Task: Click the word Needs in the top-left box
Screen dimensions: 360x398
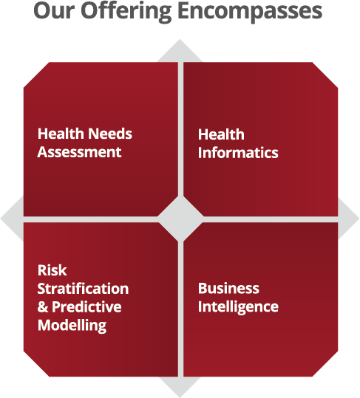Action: tap(110, 134)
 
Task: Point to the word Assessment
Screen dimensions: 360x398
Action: tap(79, 152)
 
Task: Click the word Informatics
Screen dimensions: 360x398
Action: tap(238, 153)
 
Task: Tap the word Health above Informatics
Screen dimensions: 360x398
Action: tap(221, 134)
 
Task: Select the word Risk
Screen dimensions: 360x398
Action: tap(52, 270)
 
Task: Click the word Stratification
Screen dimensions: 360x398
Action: tap(83, 289)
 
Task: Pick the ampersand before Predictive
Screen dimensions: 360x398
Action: tap(43, 307)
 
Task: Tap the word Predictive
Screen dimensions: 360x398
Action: tap(86, 307)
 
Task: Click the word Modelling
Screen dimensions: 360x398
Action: tap(72, 326)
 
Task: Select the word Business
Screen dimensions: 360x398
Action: tap(228, 288)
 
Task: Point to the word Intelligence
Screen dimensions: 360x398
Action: tap(238, 307)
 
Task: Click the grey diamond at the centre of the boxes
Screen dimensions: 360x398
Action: tap(180, 219)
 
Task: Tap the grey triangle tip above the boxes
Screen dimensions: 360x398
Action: tap(180, 39)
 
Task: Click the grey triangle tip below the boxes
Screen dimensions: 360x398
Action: tap(180, 397)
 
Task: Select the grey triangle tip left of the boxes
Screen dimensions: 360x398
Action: tap(1, 219)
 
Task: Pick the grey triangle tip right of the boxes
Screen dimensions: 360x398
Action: tap(359, 218)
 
